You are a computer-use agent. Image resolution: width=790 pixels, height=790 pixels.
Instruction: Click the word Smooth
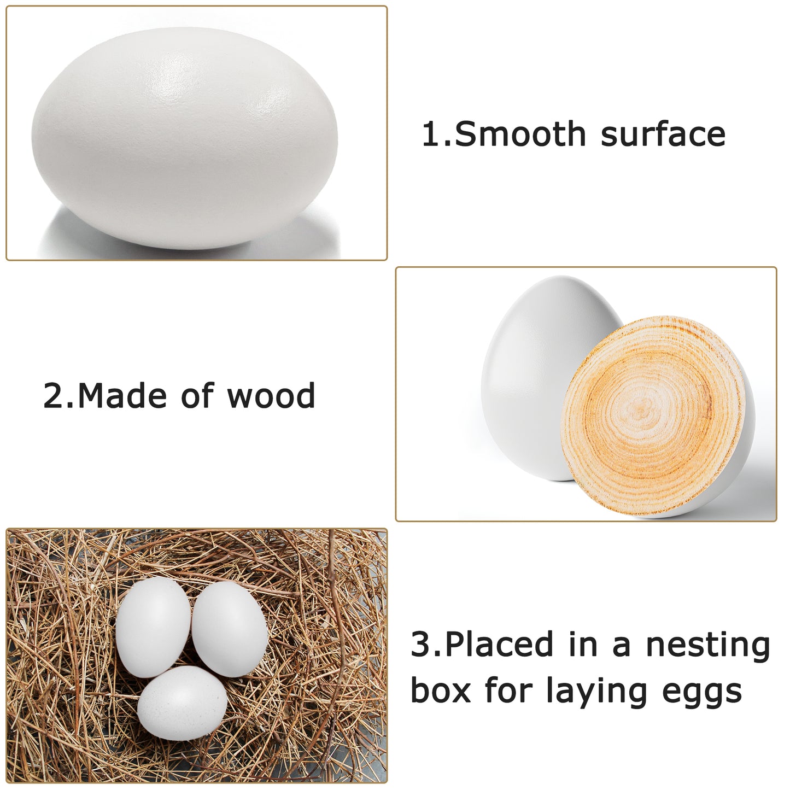[x=520, y=133]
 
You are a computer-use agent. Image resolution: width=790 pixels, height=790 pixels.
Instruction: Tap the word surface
[x=663, y=134]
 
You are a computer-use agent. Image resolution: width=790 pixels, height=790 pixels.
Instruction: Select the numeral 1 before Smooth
[x=432, y=133]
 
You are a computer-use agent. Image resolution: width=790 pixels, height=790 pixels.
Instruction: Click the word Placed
[x=499, y=645]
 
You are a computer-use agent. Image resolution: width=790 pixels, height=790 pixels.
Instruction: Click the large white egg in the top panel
[x=184, y=138]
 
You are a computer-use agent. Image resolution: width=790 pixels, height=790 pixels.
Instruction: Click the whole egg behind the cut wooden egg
[x=545, y=377]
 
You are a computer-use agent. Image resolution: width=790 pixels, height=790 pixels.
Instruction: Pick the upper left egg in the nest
[x=153, y=627]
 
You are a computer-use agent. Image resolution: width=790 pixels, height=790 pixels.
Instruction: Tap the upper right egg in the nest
[x=230, y=629]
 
